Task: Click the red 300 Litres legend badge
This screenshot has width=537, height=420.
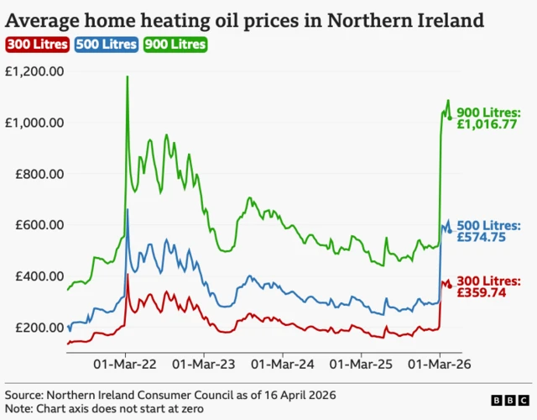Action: [x=36, y=44]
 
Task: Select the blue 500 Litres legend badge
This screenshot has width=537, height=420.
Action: [x=106, y=44]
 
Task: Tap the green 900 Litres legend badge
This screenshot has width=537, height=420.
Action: [x=175, y=44]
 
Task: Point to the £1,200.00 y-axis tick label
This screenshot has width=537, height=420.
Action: [x=34, y=71]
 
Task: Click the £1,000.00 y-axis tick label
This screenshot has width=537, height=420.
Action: [x=34, y=123]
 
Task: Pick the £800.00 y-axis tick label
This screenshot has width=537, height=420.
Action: [x=39, y=174]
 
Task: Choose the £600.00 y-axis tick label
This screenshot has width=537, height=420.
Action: [x=39, y=225]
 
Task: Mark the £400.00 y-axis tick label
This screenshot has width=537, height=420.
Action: [x=39, y=276]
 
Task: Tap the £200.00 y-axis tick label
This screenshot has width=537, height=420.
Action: [x=39, y=328]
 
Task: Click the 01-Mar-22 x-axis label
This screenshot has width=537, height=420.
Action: [x=125, y=365]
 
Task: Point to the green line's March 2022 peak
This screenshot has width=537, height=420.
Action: [x=127, y=77]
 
